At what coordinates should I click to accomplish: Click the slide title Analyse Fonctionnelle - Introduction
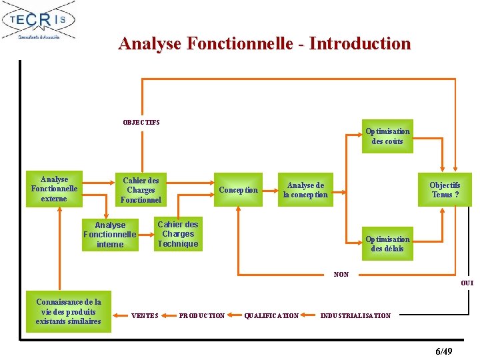pos(265,44)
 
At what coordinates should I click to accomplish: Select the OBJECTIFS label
pos(141,122)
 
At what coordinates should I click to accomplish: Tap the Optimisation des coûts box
pos(387,136)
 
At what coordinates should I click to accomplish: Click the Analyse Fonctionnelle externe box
pos(54,189)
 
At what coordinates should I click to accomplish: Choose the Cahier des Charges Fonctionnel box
pos(141,190)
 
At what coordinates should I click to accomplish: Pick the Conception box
pos(238,190)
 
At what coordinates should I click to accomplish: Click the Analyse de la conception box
pos(305,190)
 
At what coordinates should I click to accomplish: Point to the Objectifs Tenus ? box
pos(445,190)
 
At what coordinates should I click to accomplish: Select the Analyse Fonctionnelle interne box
pos(110,235)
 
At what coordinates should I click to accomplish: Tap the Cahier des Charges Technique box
pos(178,234)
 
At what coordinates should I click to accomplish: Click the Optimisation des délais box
pos(387,244)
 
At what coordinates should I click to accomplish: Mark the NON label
pos(341,274)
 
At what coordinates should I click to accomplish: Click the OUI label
pos(467,283)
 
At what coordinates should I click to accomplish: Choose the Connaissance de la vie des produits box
pos(69,312)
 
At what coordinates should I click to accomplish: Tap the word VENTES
pos(145,316)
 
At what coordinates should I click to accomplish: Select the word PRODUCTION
pos(202,316)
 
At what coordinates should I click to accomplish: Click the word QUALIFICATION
pos(271,316)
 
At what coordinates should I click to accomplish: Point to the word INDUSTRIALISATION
pos(356,316)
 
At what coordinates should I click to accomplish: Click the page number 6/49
pos(443,351)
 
